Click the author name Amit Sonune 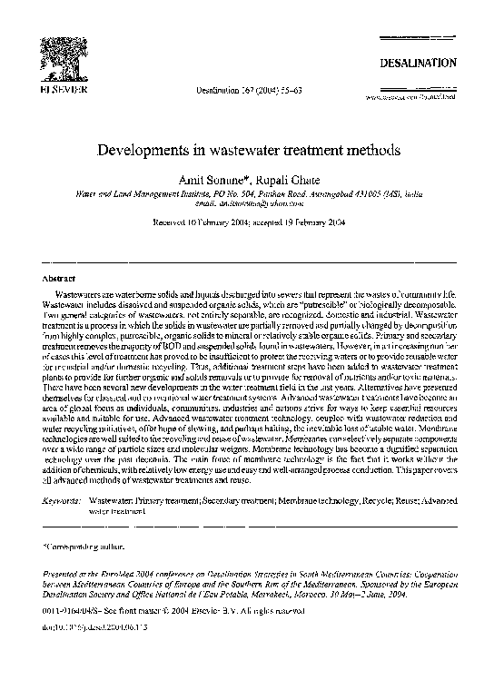point(216,175)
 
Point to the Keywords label point(64,499)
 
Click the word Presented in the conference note point(64,575)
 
